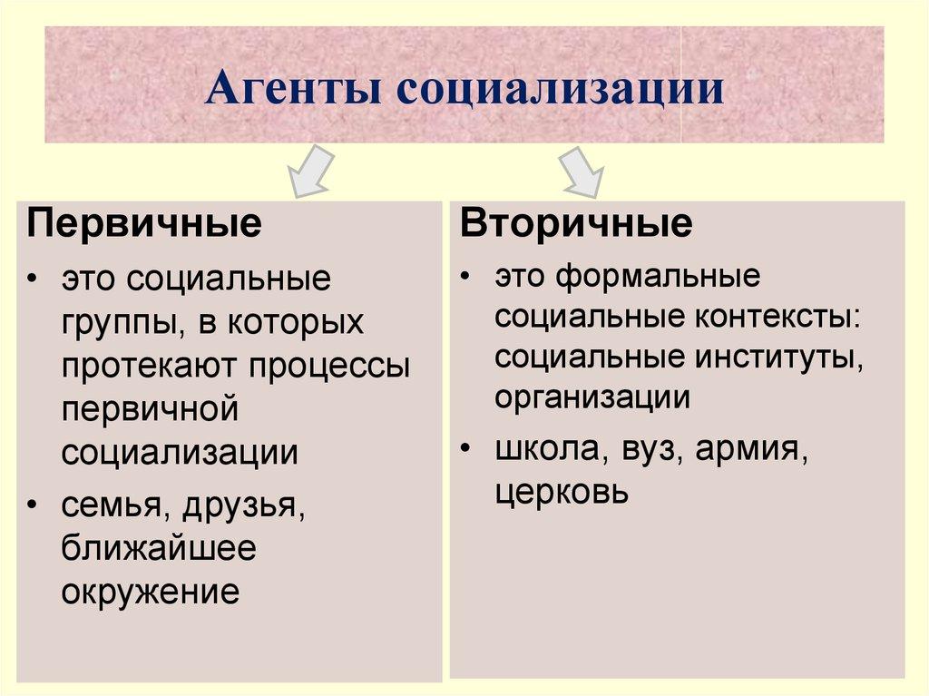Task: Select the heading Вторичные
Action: [576, 222]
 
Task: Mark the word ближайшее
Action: [159, 549]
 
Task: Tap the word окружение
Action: [151, 593]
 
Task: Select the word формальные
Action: [658, 276]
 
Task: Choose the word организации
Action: [592, 397]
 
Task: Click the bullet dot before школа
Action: [464, 450]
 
